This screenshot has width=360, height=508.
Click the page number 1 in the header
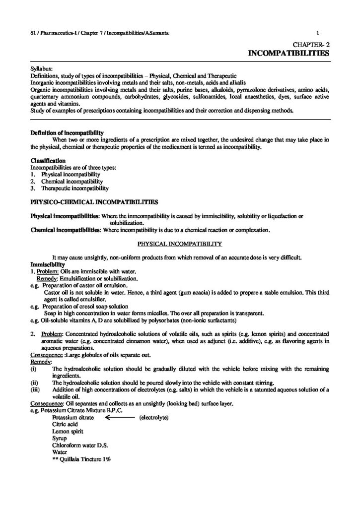(x=323, y=33)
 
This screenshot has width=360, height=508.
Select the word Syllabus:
(x=41, y=69)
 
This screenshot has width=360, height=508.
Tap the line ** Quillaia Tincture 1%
(x=81, y=459)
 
